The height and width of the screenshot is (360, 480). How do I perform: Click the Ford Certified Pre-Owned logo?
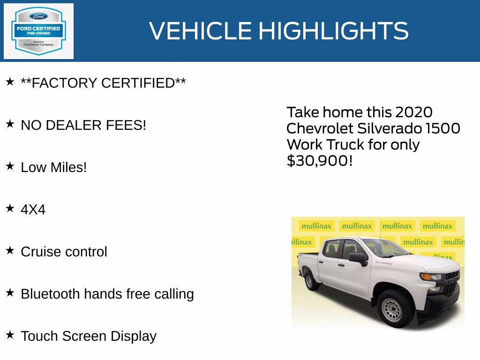[38, 31]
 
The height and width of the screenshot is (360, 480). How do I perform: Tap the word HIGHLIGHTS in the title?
[333, 31]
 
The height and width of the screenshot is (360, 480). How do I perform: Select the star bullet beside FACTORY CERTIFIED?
[10, 82]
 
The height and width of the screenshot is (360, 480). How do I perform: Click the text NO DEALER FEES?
[83, 125]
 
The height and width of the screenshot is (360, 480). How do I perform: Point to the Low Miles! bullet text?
[54, 167]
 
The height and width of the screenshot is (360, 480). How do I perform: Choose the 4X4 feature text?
[33, 210]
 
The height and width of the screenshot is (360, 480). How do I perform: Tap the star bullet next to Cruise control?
[10, 251]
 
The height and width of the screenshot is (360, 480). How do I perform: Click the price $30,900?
[319, 161]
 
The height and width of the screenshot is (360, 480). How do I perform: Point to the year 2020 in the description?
[413, 112]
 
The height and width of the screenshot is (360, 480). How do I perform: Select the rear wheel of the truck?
[310, 281]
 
